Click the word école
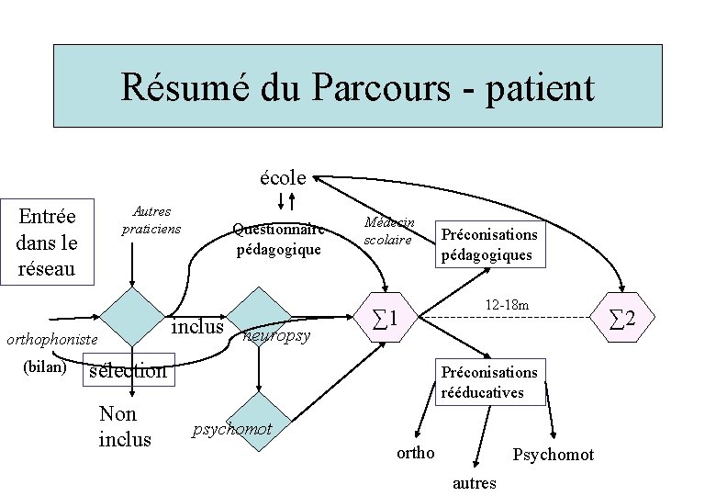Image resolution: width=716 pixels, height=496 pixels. [283, 175]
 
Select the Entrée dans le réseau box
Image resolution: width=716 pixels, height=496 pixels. [48, 242]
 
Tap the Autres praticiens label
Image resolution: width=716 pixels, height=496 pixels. [151, 220]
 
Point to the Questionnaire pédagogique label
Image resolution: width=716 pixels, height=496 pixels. [277, 239]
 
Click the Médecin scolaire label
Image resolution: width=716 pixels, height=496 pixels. [389, 231]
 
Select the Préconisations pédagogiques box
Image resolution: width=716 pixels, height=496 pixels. [488, 244]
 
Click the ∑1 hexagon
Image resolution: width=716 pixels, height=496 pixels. [386, 318]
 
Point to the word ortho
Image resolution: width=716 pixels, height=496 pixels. [415, 453]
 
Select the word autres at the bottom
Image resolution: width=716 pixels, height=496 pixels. [475, 482]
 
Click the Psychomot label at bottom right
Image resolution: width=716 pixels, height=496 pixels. [553, 455]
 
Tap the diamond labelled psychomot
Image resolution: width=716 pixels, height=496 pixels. [259, 422]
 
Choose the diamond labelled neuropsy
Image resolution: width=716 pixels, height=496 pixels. [259, 318]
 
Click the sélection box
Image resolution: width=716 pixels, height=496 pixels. [128, 370]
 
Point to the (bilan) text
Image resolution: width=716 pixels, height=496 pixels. [43, 366]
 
